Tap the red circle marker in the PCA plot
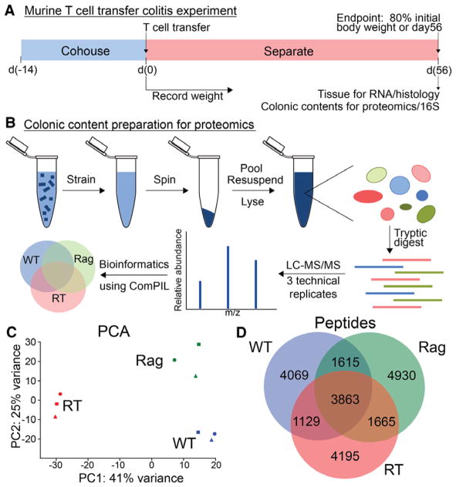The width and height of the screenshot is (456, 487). click(x=60, y=394)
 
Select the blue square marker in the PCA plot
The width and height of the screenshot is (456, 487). click(x=198, y=432)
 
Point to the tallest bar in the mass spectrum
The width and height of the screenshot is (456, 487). click(x=228, y=276)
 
